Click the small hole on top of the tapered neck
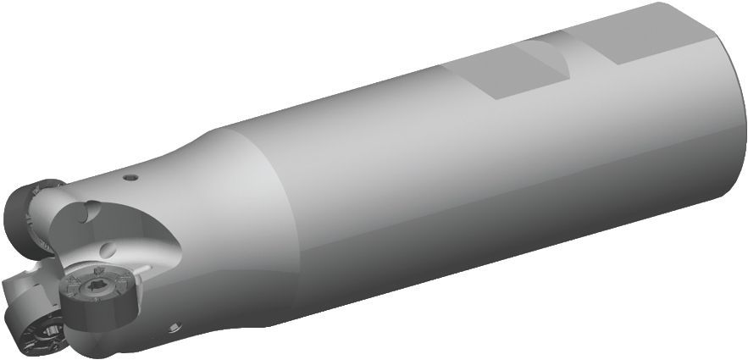point(130,178)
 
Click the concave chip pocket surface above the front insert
point(136,229)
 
